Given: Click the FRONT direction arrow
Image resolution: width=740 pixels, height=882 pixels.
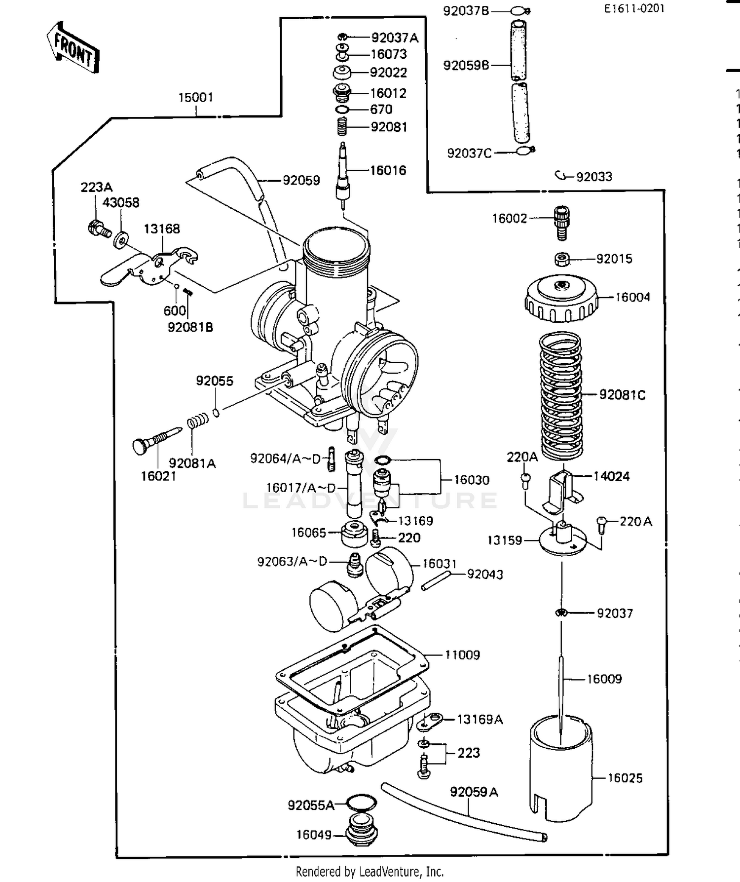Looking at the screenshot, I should click(73, 48).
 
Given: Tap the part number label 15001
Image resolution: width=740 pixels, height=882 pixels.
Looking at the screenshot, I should click(195, 97).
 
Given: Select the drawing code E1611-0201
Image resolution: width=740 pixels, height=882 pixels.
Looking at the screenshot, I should click(634, 8).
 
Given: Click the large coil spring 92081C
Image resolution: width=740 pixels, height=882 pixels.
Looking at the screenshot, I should click(561, 395).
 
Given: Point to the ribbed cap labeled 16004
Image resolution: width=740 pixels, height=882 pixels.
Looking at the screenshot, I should click(561, 298).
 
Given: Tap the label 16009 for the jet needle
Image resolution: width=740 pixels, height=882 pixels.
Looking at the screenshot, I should click(604, 679).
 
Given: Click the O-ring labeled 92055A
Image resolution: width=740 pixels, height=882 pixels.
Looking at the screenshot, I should click(361, 803).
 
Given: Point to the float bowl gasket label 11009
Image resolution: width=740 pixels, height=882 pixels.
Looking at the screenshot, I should click(462, 655).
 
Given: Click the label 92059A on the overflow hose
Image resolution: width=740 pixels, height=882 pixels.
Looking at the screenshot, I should click(474, 792).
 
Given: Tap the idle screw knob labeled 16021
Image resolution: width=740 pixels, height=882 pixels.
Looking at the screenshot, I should click(141, 446).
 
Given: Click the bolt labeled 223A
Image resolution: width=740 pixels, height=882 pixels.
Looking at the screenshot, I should click(98, 229).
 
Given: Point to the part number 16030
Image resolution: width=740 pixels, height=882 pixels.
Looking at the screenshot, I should click(471, 480).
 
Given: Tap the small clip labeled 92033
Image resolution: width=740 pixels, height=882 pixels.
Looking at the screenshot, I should click(560, 175).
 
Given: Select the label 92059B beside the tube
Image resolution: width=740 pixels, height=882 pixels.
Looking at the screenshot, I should click(466, 65).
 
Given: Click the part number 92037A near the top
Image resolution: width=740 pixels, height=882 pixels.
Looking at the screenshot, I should click(395, 38).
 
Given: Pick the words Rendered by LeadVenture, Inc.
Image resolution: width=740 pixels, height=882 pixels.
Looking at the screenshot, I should click(370, 872).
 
